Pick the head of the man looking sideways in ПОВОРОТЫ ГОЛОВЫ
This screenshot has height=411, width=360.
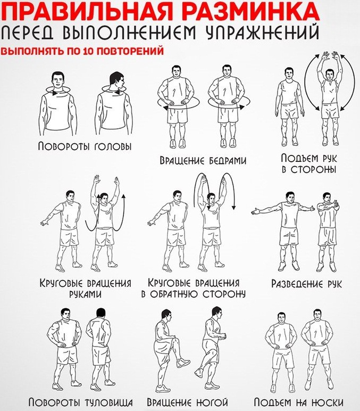[x=116, y=81]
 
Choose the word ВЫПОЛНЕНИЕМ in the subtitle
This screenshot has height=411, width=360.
[x=133, y=34]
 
